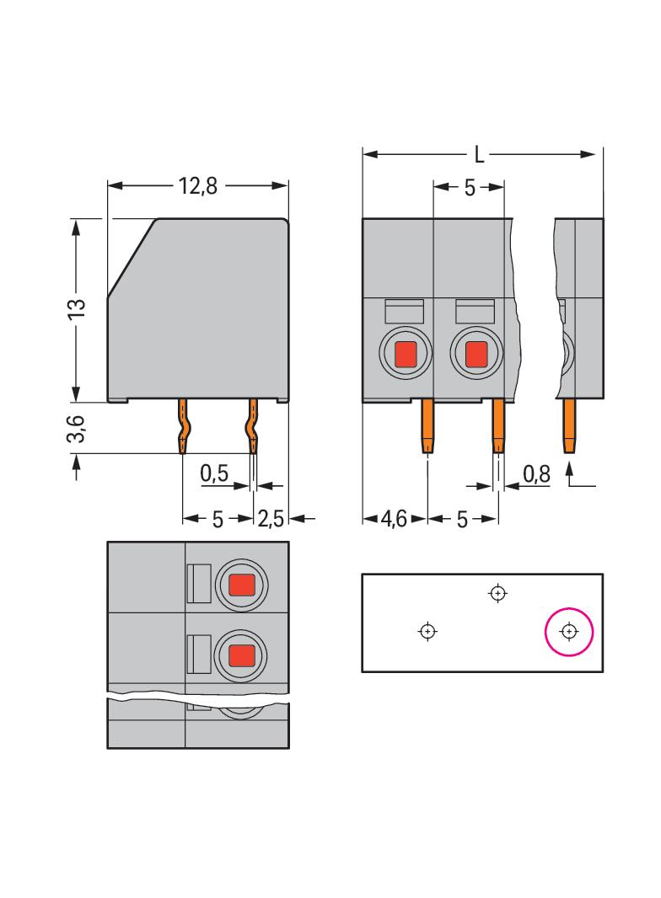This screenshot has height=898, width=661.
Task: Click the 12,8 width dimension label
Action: (x=198, y=186)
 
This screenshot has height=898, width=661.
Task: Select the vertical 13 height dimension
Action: (x=77, y=308)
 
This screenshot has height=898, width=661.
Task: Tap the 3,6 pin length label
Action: (x=77, y=429)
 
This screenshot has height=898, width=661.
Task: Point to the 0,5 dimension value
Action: (x=215, y=474)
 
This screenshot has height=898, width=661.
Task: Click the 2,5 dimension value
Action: (x=271, y=519)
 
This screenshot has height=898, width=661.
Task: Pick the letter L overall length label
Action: (x=479, y=155)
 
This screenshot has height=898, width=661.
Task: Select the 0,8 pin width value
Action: (x=536, y=474)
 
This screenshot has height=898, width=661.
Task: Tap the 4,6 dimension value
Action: (x=394, y=519)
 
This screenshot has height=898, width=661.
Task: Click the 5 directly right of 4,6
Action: (x=462, y=519)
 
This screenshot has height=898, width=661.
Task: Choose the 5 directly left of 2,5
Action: (x=218, y=519)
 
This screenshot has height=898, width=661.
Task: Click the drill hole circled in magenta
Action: (x=569, y=631)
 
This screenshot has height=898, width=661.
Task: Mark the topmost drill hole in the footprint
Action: (x=498, y=593)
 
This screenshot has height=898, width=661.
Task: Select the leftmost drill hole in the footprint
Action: (x=428, y=631)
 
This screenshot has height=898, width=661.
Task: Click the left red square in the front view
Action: (x=406, y=355)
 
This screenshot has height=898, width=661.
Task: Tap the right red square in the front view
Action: (x=476, y=355)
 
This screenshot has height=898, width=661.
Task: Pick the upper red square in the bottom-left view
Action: (x=242, y=583)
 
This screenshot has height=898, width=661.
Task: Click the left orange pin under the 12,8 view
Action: (x=183, y=426)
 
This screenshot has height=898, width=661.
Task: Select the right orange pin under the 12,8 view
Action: (x=252, y=426)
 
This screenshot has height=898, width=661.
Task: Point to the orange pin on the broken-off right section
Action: (x=570, y=425)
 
